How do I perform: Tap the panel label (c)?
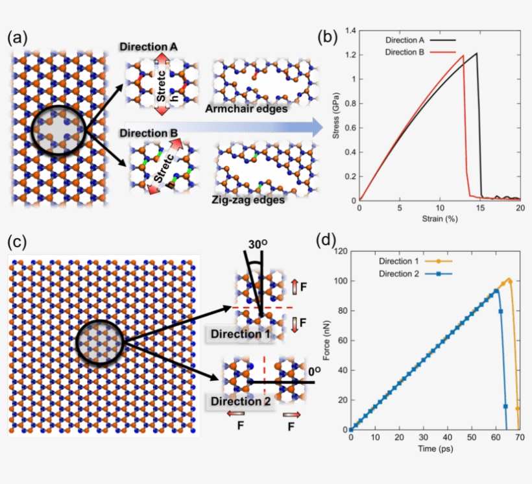18,241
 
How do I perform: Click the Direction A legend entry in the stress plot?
407,40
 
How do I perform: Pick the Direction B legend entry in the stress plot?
407,52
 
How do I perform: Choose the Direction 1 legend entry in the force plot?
400,260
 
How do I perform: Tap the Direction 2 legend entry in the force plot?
400,273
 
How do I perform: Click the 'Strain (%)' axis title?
439,219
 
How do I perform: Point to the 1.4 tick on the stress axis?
351,30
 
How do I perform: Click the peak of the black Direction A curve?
476,53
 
